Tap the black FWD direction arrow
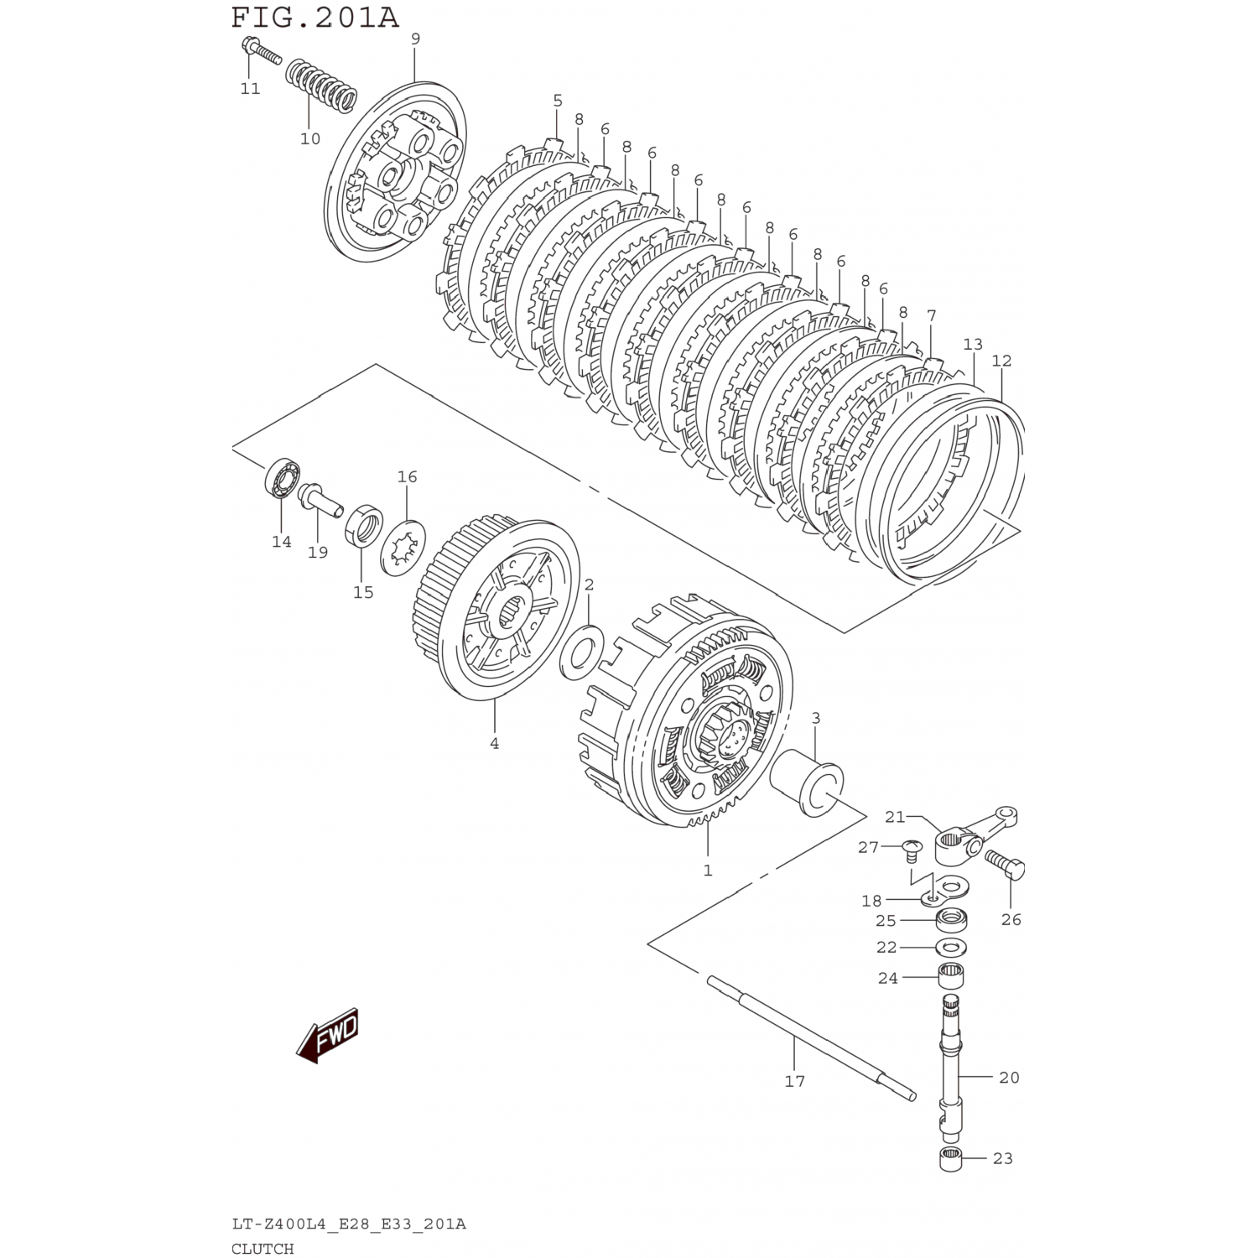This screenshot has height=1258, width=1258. [x=328, y=1037]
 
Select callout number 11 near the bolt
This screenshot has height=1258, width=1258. [x=250, y=89]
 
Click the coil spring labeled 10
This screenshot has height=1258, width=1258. [x=322, y=89]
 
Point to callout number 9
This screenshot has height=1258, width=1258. [x=415, y=39]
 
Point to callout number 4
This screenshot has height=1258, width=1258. [x=494, y=743]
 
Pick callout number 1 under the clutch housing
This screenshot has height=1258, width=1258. [x=708, y=871]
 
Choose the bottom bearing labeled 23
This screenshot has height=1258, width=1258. [x=950, y=1161]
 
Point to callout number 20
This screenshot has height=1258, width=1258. [x=1009, y=1077]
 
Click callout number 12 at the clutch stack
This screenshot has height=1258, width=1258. [x=1001, y=361]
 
